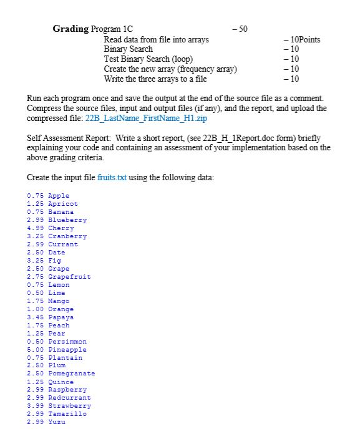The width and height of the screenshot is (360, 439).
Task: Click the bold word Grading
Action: [x=71, y=29]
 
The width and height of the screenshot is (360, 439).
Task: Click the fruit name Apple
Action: [x=59, y=196]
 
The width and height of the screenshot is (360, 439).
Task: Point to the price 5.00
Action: [x=36, y=350]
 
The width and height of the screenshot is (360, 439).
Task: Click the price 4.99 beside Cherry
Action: [x=36, y=228]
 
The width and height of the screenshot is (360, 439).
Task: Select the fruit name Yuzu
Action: [x=57, y=422]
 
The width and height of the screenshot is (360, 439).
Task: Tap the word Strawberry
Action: [x=67, y=406]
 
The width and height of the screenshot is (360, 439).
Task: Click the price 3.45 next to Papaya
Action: [x=36, y=317]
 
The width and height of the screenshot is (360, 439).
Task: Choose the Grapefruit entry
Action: [x=69, y=277]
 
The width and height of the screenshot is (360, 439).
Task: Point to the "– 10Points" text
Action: [x=302, y=39]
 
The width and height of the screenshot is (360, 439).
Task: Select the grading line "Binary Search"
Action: [x=128, y=49]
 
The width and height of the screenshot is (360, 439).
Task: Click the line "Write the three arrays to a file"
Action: [x=155, y=79]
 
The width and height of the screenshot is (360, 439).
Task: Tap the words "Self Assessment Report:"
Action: [x=67, y=138]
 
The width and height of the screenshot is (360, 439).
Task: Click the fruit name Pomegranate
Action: [x=71, y=374]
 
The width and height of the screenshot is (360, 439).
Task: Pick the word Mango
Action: [x=59, y=301]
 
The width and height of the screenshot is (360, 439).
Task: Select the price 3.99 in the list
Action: [x=36, y=406]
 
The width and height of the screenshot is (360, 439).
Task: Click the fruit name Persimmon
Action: [x=67, y=342]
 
